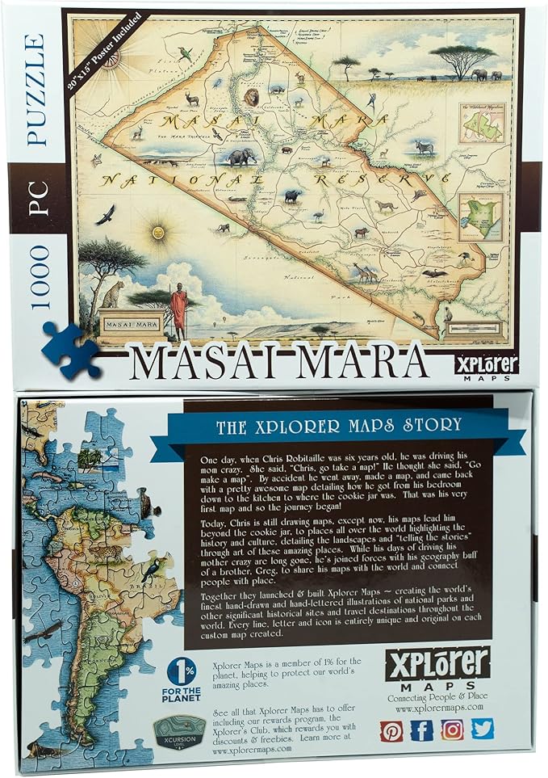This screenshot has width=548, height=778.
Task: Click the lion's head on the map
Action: pos(252,98)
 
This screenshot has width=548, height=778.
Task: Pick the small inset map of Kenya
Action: pos(475,216)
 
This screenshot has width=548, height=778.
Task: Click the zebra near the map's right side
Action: pos(424,147)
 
